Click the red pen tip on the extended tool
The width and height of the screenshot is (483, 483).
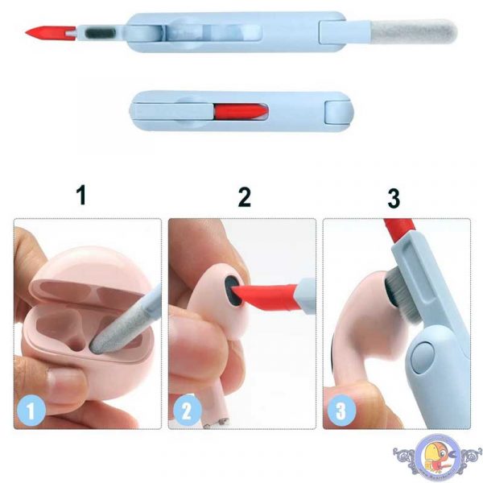[x=39, y=33]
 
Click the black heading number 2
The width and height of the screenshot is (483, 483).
[x=244, y=196]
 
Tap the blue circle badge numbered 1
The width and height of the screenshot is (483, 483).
[x=31, y=411]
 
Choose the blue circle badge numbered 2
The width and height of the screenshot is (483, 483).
[x=186, y=411]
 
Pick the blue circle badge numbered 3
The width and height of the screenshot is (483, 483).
[x=341, y=411]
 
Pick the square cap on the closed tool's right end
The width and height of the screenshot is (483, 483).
[x=337, y=109]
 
